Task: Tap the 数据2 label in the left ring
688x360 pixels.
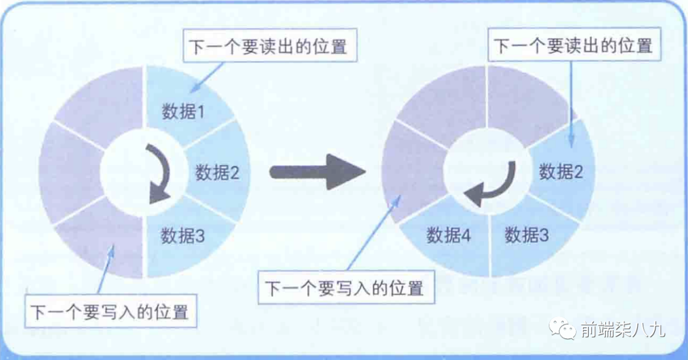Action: (x=217, y=172)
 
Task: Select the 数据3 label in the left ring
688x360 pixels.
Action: (x=183, y=236)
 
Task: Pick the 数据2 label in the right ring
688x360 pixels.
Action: (x=561, y=171)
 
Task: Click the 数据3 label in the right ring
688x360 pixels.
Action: (x=527, y=235)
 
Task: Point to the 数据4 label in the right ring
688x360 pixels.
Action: (x=448, y=235)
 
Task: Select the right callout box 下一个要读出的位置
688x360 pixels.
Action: (x=573, y=46)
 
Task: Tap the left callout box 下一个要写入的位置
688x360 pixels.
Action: (x=110, y=312)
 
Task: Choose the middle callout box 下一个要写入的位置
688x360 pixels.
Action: (x=345, y=287)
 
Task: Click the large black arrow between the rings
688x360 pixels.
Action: (x=316, y=172)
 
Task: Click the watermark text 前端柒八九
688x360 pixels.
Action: (x=622, y=330)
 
